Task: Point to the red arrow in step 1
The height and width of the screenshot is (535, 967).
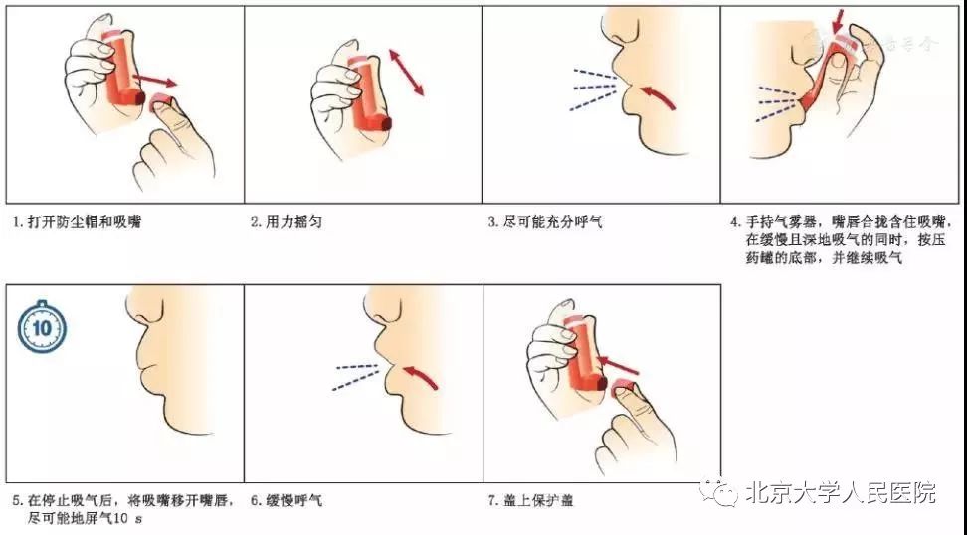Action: point(155,80)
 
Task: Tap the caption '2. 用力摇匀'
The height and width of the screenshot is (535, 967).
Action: point(289,222)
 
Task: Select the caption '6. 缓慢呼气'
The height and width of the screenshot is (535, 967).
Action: point(287,501)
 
